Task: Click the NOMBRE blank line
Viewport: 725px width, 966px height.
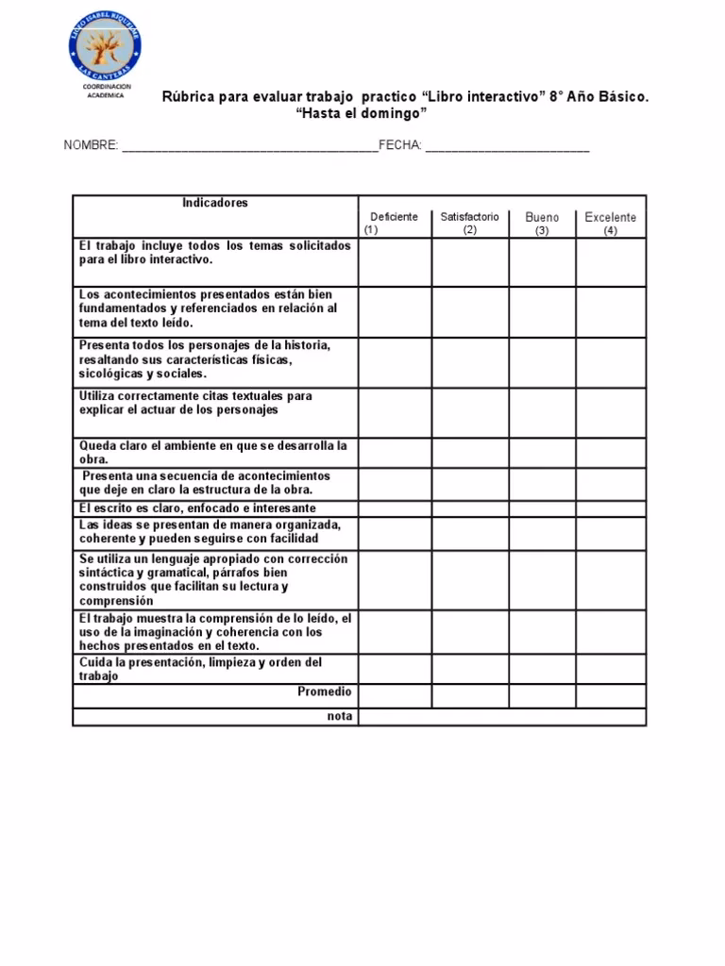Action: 248,147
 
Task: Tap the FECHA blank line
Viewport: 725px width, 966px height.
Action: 507,147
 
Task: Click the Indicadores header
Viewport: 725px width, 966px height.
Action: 215,203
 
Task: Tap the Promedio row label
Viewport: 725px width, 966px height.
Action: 325,691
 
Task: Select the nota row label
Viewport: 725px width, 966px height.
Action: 340,716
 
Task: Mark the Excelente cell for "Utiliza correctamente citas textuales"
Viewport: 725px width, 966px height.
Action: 611,412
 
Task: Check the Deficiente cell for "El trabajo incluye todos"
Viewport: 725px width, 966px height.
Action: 395,262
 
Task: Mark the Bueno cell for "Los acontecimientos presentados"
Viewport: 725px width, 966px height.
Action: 542,312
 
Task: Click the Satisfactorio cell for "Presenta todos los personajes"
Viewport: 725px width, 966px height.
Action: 470,362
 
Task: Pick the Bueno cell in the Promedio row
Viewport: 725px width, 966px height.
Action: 542,696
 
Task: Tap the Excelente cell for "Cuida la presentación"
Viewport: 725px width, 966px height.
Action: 611,670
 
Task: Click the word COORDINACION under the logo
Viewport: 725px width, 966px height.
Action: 106,87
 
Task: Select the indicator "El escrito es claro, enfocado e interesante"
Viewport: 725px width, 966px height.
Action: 197,508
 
